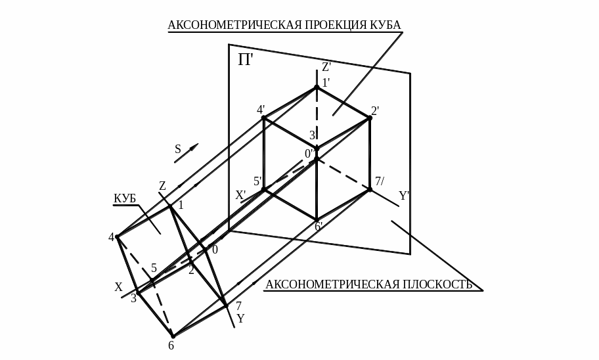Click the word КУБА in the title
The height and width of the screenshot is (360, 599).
(x=386, y=25)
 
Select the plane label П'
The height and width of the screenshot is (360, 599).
(x=245, y=60)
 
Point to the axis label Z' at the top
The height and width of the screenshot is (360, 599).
(x=326, y=67)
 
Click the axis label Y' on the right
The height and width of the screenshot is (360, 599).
(x=404, y=196)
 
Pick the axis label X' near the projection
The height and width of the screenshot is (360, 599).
(x=240, y=195)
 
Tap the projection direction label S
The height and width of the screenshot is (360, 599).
(x=177, y=149)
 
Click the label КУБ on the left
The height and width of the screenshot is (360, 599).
(x=124, y=198)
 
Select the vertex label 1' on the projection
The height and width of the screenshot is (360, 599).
(x=325, y=83)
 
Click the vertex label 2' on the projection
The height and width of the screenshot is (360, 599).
(x=375, y=111)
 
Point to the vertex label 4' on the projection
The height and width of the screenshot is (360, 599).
(x=261, y=110)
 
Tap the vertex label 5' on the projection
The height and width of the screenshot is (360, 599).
(x=257, y=181)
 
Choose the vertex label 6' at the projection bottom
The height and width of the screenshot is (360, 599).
(x=319, y=227)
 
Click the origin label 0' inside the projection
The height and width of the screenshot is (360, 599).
(x=308, y=154)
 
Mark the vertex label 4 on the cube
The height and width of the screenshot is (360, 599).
(x=111, y=237)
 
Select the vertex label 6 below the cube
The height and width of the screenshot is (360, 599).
(x=171, y=346)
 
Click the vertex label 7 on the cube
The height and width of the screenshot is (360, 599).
(x=238, y=306)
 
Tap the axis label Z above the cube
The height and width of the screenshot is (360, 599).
(x=162, y=187)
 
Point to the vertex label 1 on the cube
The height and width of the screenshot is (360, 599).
(x=181, y=205)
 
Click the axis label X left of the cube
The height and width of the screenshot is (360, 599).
(x=118, y=287)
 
